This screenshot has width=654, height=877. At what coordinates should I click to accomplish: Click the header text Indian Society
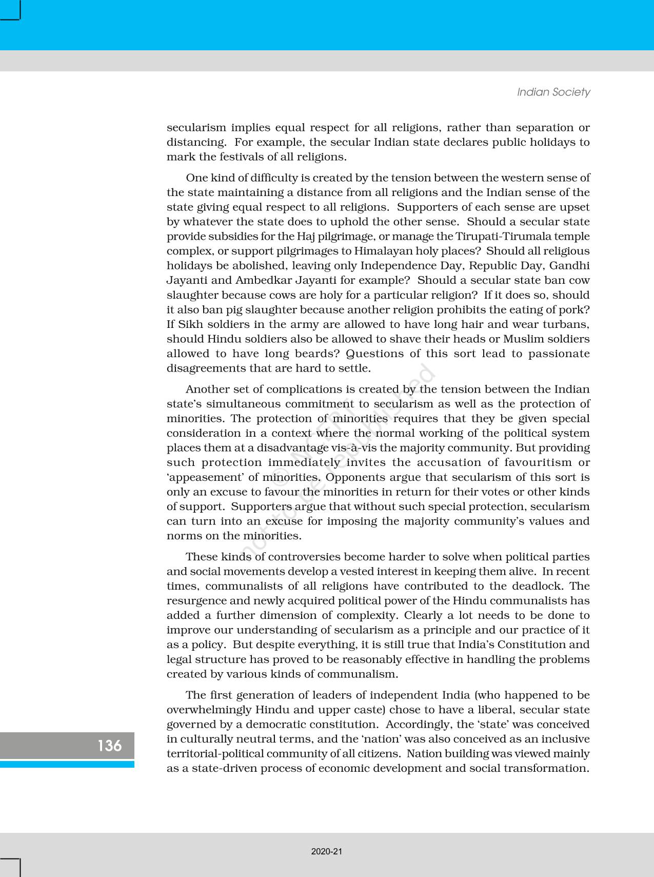[x=553, y=92]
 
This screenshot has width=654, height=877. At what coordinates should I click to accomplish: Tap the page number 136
[x=110, y=745]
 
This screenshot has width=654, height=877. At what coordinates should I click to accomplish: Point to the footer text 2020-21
[x=327, y=851]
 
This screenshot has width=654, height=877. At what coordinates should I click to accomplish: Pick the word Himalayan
[x=383, y=251]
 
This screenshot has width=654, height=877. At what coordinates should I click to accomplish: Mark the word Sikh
[x=191, y=324]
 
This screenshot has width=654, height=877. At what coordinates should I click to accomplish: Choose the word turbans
[x=566, y=324]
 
